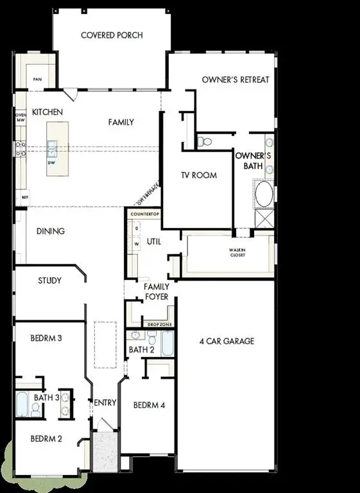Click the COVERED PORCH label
tap(112, 35)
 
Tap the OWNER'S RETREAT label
tap(236, 80)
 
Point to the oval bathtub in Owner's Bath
tap(263, 193)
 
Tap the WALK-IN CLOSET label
tap(237, 252)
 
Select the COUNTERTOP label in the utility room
tap(144, 212)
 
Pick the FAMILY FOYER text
tap(156, 291)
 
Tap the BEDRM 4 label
tap(150, 405)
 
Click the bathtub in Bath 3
tap(21, 404)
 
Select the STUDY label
tap(49, 281)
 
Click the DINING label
tap(50, 231)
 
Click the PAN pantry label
tap(38, 80)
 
